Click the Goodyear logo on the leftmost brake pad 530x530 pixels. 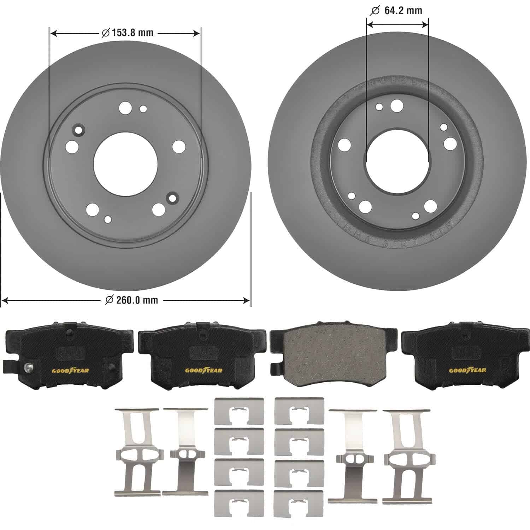pos(70,370)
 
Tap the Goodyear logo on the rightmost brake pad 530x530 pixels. pos(467,370)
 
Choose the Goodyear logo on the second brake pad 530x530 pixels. pos(204,370)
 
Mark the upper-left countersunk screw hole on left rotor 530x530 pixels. pos(78,129)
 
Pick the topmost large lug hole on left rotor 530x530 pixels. pos(125,108)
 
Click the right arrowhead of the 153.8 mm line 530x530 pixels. pos(197,33)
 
